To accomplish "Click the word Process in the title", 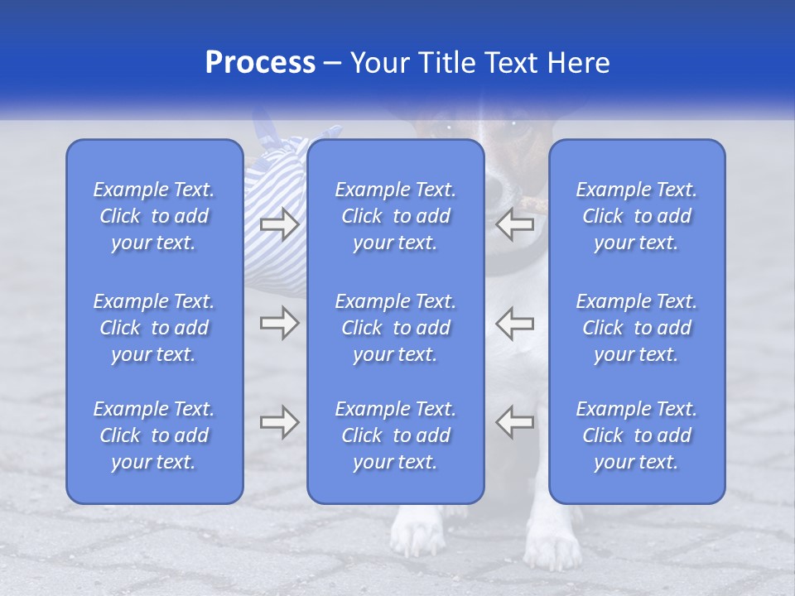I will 260,63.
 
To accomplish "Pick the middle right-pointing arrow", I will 279,323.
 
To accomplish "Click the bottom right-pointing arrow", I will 279,422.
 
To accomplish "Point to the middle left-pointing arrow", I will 515,323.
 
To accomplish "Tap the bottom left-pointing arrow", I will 515,422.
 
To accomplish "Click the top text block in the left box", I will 154,216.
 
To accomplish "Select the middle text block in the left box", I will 154,328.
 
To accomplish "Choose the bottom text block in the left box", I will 154,435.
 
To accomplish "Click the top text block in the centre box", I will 396,216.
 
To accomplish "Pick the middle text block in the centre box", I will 396,328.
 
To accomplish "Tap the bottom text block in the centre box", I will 396,435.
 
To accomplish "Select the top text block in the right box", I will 637,216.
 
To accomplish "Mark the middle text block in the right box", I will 637,328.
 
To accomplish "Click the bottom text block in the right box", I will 637,435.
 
